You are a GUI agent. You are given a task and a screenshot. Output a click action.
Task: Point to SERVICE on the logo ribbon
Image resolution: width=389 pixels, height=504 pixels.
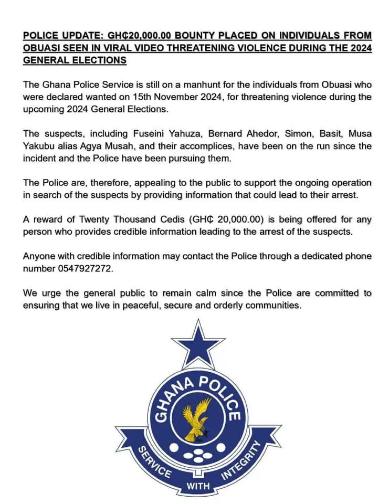[x=154, y=462]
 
